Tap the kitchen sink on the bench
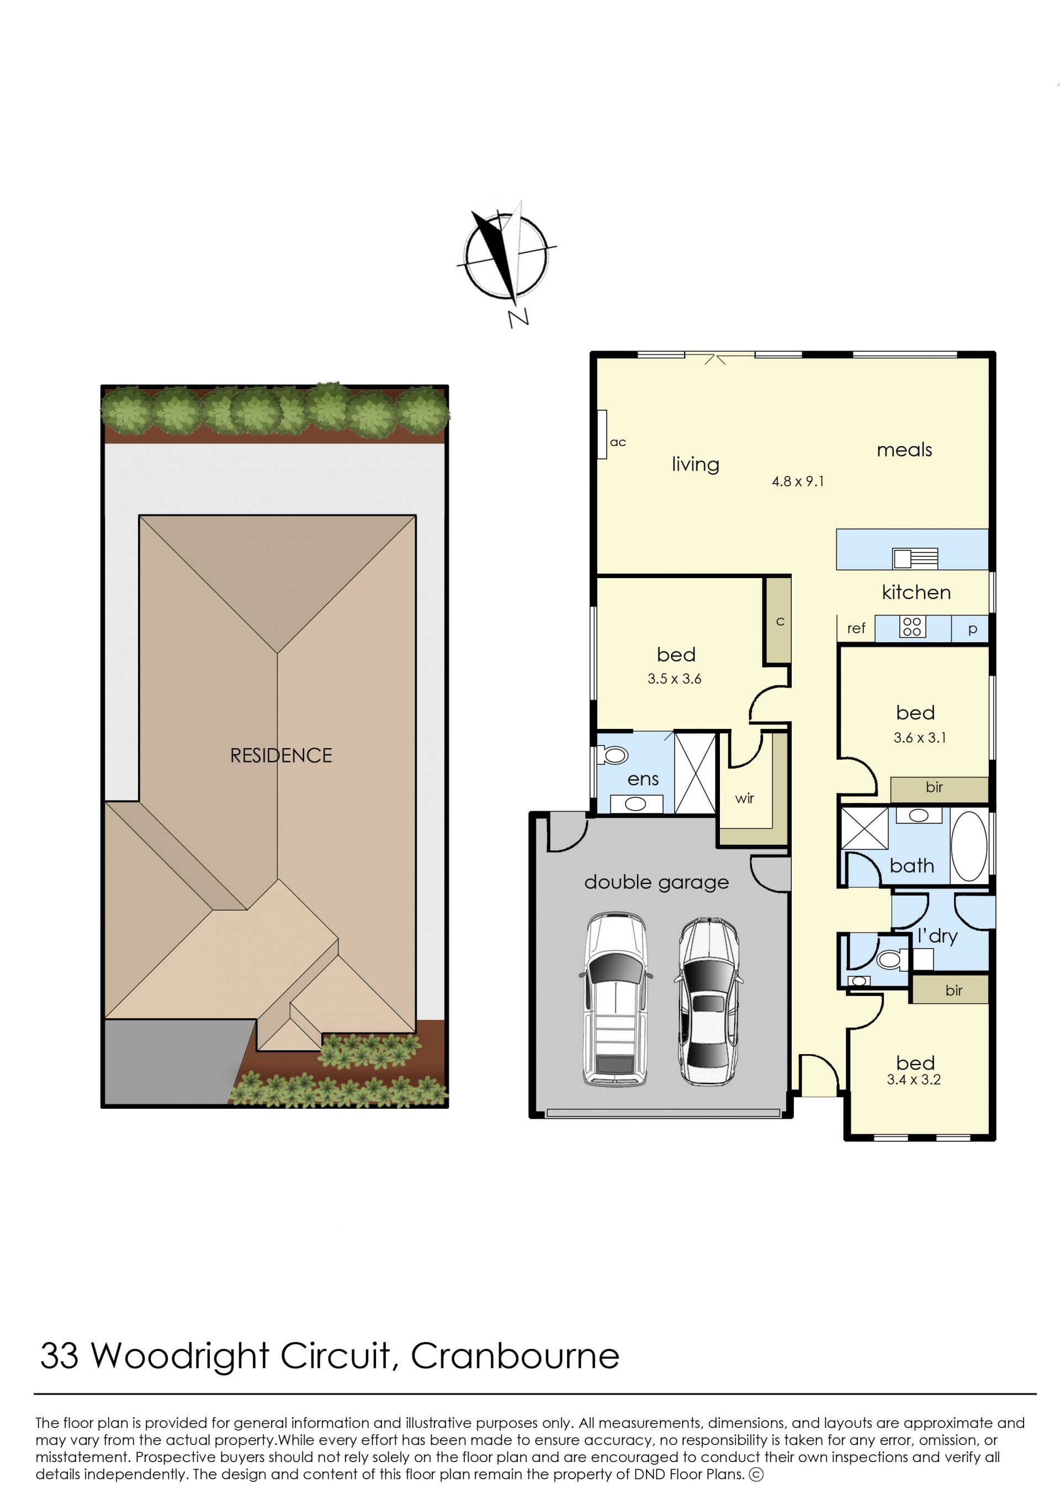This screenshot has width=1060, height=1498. [x=915, y=558]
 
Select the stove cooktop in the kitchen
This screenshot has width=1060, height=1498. [x=912, y=627]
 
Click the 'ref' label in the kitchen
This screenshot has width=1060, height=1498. [x=856, y=628]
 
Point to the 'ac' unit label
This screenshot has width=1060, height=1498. [x=617, y=442]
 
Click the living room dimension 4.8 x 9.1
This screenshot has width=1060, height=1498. [x=798, y=481]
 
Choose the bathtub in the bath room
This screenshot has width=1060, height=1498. [x=969, y=846]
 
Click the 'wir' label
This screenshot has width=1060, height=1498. [x=744, y=798]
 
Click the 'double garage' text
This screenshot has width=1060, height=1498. [x=656, y=882]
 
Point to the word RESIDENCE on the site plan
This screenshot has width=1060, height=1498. [x=282, y=755]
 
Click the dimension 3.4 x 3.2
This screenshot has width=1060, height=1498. [x=914, y=1079]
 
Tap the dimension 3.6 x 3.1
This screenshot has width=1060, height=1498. [x=920, y=738]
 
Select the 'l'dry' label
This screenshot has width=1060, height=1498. [x=937, y=936]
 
